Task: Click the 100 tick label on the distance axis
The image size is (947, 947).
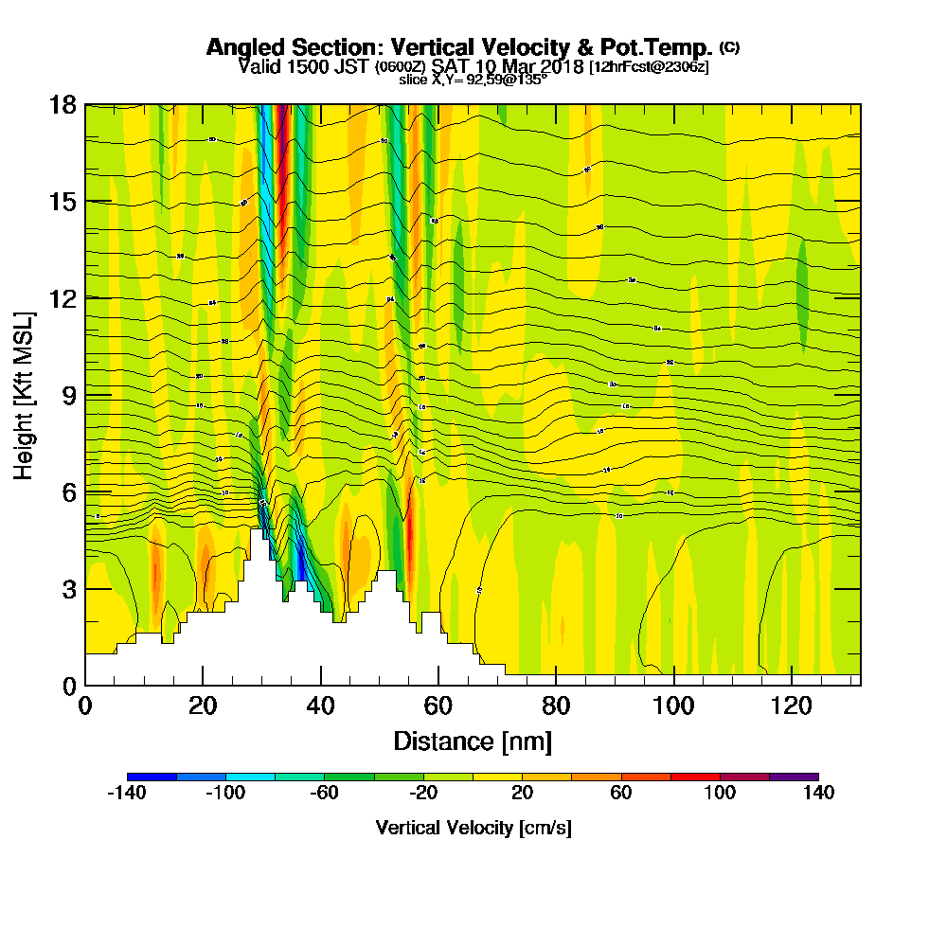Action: pos(673,706)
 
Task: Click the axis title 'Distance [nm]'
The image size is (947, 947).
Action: pos(473,741)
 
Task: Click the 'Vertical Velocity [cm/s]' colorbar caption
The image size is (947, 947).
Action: pos(473,828)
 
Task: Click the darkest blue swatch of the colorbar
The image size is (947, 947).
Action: pos(152,777)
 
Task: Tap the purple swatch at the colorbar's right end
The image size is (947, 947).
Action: pos(794,777)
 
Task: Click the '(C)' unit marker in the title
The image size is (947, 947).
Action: pos(730,47)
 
